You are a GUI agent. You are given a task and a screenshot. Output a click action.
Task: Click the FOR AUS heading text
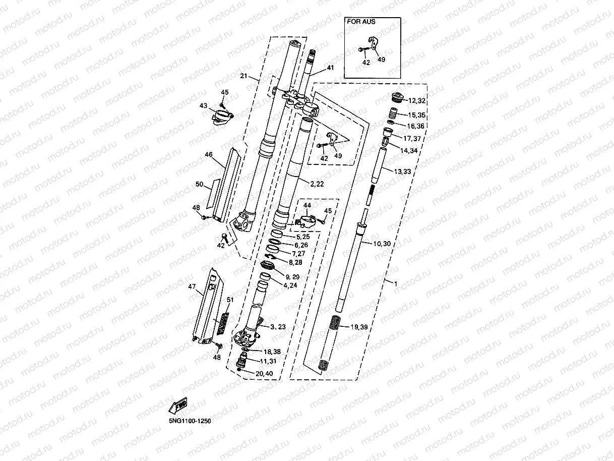tap(361, 22)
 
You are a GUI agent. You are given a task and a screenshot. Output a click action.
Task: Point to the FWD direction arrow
tap(178, 405)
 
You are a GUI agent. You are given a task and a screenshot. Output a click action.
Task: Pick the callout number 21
tap(243, 76)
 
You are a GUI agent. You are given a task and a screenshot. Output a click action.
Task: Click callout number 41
tap(330, 67)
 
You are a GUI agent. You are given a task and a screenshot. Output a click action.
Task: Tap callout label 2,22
tap(317, 184)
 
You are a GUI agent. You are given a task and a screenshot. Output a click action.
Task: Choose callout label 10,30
tap(382, 244)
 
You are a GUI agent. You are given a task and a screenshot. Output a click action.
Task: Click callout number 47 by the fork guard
tap(192, 286)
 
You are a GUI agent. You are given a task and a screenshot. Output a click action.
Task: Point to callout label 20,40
tap(264, 374)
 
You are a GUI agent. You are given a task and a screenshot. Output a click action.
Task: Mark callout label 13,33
tap(402, 171)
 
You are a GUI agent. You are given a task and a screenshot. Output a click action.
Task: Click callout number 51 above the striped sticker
tap(230, 300)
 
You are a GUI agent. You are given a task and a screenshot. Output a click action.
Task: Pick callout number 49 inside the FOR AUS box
tap(381, 60)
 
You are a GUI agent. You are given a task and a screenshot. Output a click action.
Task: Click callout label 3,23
tap(278, 327)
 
